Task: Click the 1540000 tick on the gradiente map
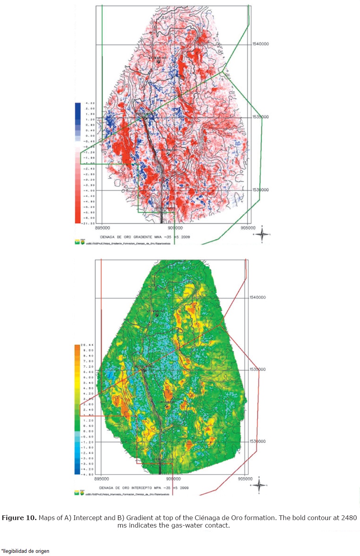point(260,44)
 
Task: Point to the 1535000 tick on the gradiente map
point(260,117)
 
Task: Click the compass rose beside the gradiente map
point(262,234)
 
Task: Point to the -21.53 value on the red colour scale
point(88,223)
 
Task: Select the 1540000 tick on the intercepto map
point(257,298)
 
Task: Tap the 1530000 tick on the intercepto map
point(257,442)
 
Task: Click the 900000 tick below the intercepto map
point(173,479)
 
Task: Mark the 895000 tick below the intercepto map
point(102,479)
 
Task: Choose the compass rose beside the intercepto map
point(259,485)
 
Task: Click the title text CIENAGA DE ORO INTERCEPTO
point(126,488)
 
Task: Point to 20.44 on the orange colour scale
point(88,345)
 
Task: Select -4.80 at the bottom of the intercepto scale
point(88,475)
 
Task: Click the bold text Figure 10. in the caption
point(19,518)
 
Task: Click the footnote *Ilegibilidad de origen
point(26,551)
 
